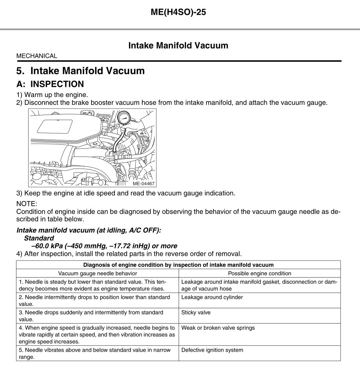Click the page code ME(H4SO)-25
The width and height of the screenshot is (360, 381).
coord(178,13)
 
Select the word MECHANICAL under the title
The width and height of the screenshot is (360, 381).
coord(37,56)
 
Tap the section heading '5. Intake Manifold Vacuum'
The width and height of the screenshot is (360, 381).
coord(81,71)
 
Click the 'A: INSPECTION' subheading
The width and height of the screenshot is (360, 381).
coord(50,84)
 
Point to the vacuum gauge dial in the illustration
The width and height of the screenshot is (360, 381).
coord(124,118)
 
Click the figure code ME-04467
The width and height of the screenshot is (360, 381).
coord(144,183)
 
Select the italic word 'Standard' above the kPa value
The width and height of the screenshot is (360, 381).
coord(39,238)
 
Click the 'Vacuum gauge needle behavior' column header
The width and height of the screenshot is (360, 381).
coord(98,273)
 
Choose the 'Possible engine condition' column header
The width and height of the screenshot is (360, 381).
coord(260,273)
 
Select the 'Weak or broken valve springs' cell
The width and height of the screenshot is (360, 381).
coord(218,328)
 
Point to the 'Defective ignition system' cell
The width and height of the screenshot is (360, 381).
coord(212,350)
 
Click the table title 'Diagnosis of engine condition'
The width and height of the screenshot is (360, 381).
coord(178,265)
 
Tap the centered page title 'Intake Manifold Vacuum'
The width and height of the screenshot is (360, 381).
coord(178,45)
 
